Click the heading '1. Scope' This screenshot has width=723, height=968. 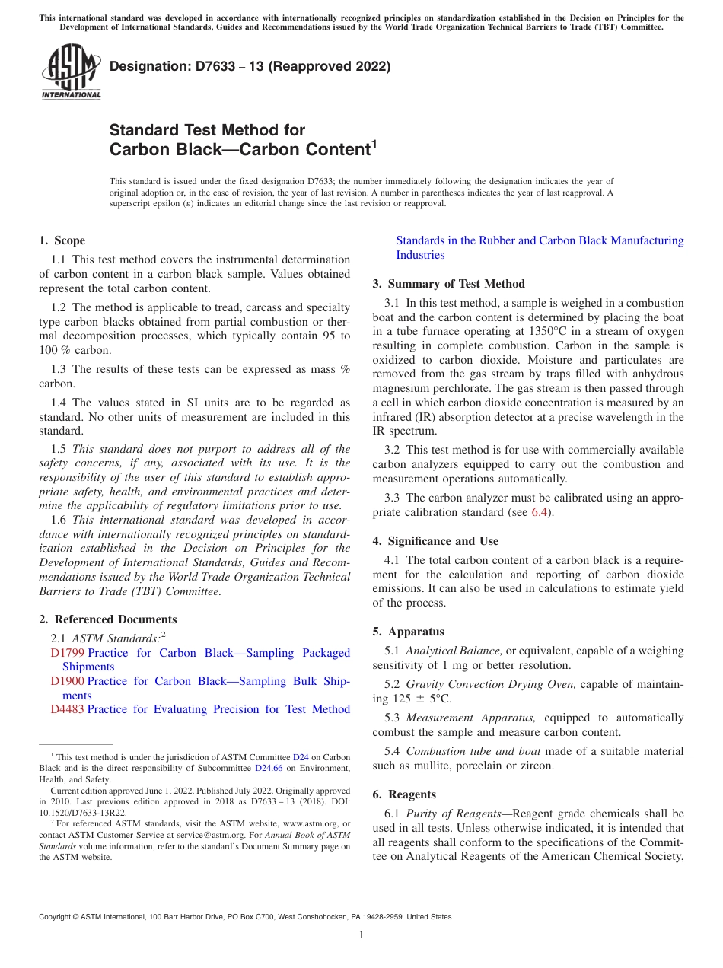point(62,240)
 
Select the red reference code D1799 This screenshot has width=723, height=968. point(67,653)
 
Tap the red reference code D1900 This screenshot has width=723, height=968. point(67,681)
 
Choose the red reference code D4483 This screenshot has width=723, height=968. point(67,709)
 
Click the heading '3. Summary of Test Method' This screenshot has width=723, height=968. point(448,284)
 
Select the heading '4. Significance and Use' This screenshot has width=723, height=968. point(435,541)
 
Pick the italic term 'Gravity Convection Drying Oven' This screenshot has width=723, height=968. point(490,684)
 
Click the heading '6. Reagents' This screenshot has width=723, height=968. point(404,794)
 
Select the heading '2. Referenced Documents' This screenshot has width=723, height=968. point(108,619)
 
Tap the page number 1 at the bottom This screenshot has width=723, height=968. point(361,935)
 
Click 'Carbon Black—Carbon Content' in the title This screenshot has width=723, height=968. point(240,150)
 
